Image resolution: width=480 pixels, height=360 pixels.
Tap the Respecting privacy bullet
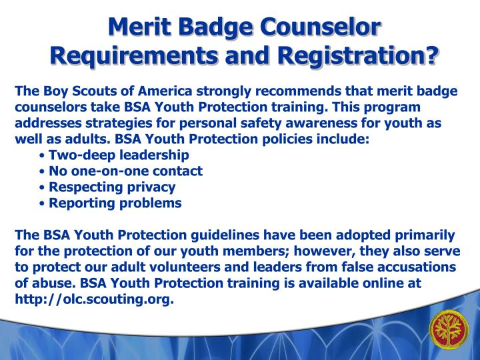click(112, 187)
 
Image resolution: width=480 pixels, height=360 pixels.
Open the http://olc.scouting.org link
click(94, 299)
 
